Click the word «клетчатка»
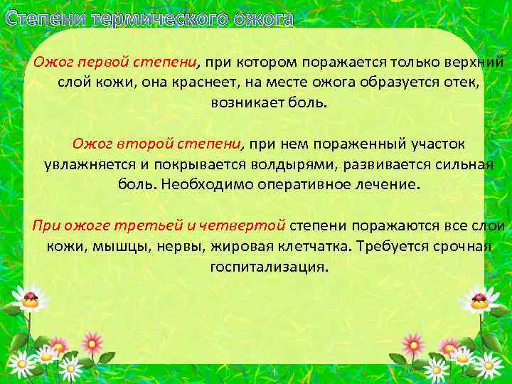tap(310, 247)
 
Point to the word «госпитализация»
tap(270, 267)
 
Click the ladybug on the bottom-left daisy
tap(30, 299)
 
